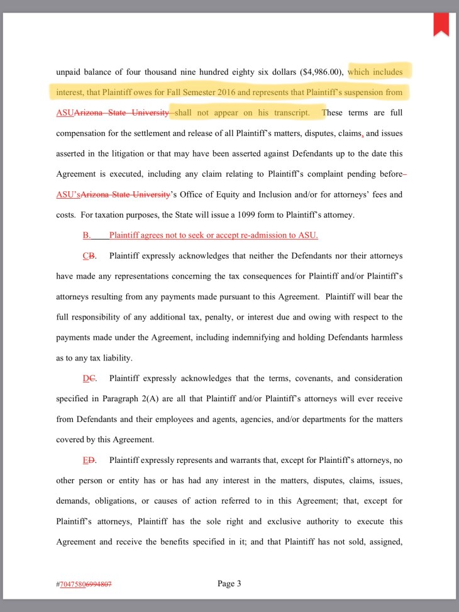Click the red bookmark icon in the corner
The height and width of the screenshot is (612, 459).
440,24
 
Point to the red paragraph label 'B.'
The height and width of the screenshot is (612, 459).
87,236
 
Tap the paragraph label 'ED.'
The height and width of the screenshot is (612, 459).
89,460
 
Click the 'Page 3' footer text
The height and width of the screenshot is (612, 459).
229,584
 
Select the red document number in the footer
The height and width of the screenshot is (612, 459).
84,584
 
